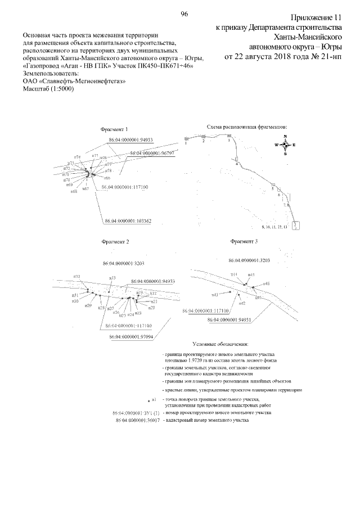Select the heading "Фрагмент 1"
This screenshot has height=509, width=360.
coord(114,129)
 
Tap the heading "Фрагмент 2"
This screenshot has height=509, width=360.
coord(115,242)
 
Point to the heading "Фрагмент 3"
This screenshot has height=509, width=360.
coord(244,241)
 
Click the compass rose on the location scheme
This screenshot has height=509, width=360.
coord(286,145)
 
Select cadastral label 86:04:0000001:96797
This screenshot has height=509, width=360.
coord(151,152)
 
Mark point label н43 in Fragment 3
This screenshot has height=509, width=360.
coord(214,294)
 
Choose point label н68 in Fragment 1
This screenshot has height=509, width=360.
coord(74,191)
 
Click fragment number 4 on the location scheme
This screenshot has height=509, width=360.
coord(237,164)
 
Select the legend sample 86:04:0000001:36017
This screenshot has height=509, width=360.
coord(137,420)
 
